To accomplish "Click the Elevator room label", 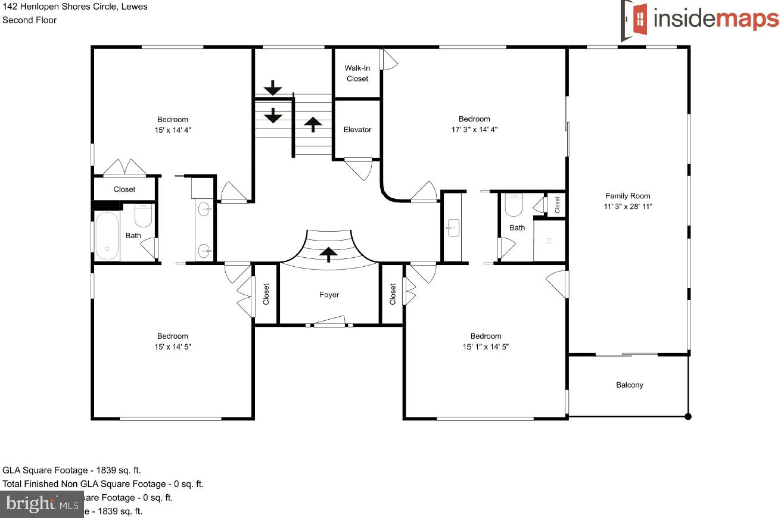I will click(x=357, y=130).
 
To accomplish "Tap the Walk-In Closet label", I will click(x=357, y=73).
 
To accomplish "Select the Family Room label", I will click(x=627, y=196).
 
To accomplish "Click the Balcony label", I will click(x=629, y=385).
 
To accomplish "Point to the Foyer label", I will click(x=329, y=295).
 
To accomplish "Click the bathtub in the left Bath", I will click(x=107, y=236).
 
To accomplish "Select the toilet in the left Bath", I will click(x=143, y=216).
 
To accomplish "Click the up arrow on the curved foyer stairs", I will click(x=328, y=254).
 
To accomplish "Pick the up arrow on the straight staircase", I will click(x=313, y=124).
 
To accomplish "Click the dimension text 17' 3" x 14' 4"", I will click(x=474, y=129).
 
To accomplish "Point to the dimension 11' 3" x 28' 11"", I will click(x=627, y=207).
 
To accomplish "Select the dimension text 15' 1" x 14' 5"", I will click(x=486, y=347).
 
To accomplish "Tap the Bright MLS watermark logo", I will click(x=41, y=505).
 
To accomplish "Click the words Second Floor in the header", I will click(x=30, y=20).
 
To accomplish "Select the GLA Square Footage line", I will click(x=72, y=470).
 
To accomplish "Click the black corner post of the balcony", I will click(x=687, y=416).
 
